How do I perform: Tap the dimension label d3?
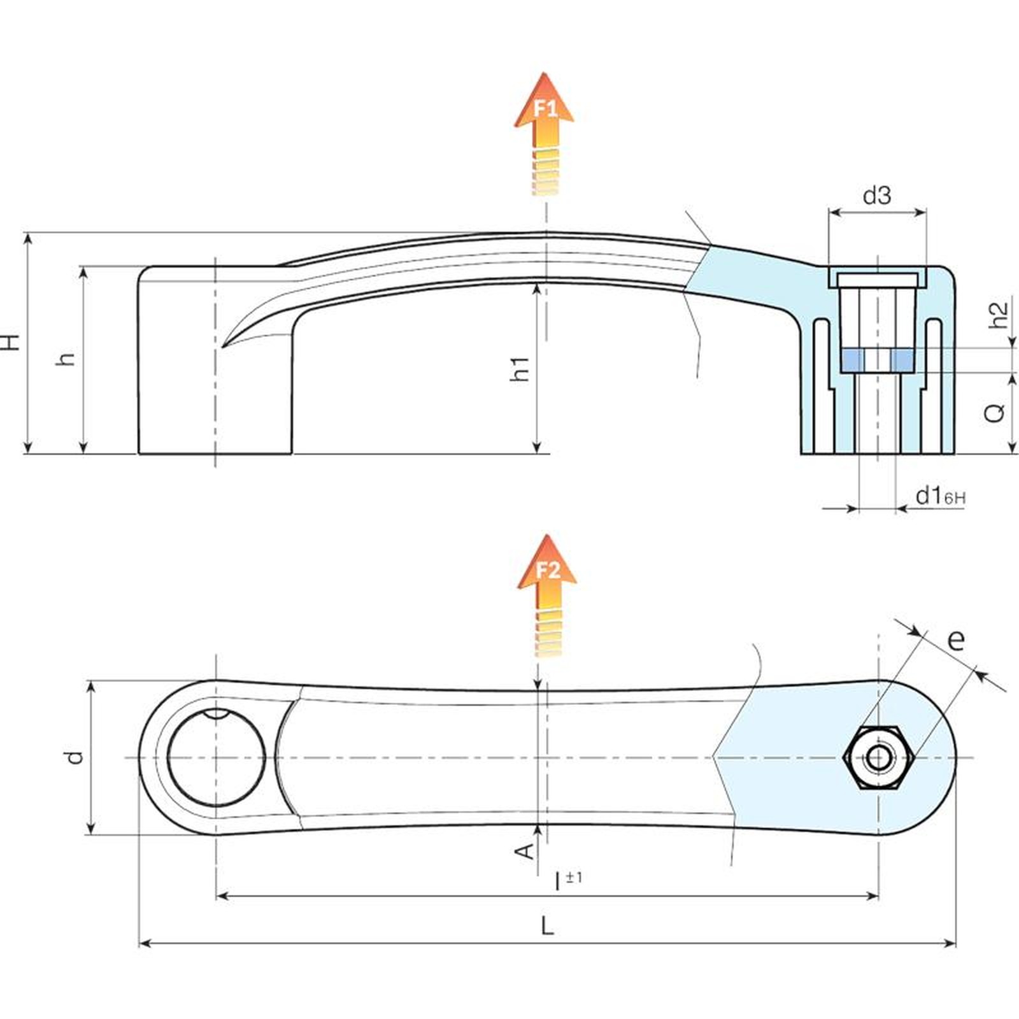coord(877,196)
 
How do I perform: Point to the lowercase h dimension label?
coord(66,359)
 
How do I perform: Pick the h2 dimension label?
coord(999,314)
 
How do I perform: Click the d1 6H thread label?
coord(940,495)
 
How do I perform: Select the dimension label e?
coord(956,639)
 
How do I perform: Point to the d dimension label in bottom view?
coord(75,757)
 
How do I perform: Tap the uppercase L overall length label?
coord(547,926)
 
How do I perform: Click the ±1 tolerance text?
coord(574,877)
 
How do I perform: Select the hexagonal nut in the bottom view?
coord(879,758)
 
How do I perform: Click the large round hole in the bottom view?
coord(216,756)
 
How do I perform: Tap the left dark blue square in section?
coord(852,360)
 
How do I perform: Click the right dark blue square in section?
coord(902,360)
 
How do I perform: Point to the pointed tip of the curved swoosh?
coord(223,346)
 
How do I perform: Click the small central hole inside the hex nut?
coord(879,758)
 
